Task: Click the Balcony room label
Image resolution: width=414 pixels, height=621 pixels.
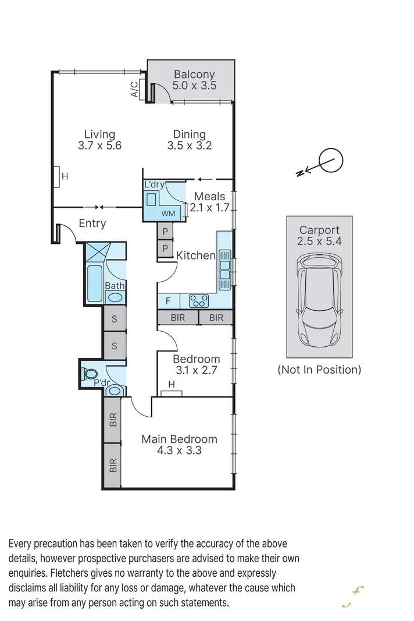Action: click(194, 74)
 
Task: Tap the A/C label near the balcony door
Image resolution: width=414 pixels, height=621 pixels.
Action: click(134, 89)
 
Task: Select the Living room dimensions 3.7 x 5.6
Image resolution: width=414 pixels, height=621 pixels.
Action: click(99, 146)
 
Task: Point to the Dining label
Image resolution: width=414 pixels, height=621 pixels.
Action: click(189, 134)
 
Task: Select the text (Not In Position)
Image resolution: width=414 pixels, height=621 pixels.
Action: click(319, 369)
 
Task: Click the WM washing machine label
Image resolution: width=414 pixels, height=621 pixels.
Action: click(168, 214)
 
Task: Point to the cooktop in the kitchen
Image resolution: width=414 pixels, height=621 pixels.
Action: click(199, 301)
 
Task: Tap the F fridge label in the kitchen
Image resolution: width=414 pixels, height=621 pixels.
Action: click(168, 301)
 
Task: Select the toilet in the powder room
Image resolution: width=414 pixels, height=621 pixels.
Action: click(90, 373)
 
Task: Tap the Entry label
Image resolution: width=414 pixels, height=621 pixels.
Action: click(92, 223)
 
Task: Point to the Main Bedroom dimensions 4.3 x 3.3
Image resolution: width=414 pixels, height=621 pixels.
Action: click(180, 450)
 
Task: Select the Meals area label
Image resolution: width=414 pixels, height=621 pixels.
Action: click(209, 197)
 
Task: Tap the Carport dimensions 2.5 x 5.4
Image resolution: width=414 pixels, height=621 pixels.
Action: click(319, 242)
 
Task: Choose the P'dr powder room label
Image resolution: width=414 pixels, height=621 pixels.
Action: click(102, 383)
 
